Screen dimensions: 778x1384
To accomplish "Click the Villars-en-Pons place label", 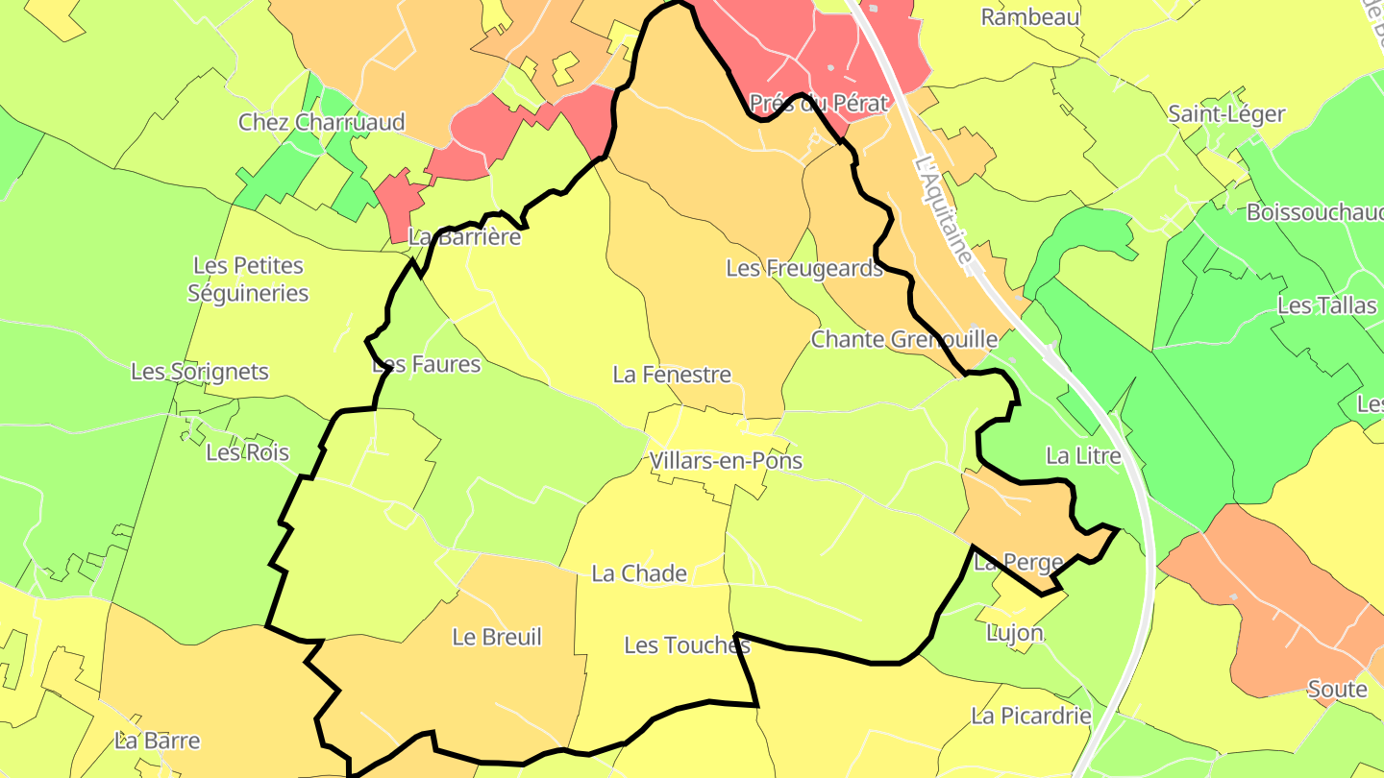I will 726,461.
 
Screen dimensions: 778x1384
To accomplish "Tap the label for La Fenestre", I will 672,375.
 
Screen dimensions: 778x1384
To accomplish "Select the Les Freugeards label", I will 804,269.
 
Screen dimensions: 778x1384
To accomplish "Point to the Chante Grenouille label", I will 904,339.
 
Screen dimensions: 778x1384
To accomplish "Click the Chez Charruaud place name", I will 322,122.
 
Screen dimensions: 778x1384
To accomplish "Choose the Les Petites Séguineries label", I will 248,280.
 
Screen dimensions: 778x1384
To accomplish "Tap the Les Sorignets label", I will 200,372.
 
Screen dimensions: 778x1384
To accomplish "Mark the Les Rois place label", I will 247,452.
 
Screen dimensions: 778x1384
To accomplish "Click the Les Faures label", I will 426,364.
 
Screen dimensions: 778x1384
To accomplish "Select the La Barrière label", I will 465,236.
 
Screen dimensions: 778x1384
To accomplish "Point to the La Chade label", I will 639,573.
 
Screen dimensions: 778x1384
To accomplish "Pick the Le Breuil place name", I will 497,637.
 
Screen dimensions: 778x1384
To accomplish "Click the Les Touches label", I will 687,645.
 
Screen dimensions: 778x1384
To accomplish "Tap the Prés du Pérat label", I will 818,104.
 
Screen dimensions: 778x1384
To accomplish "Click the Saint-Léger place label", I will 1226,114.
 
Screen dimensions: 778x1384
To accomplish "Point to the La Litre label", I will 1083,456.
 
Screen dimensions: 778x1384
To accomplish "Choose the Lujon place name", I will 1015,633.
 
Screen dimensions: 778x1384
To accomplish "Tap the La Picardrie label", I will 1031,716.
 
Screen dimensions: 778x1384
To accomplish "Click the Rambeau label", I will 1030,17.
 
